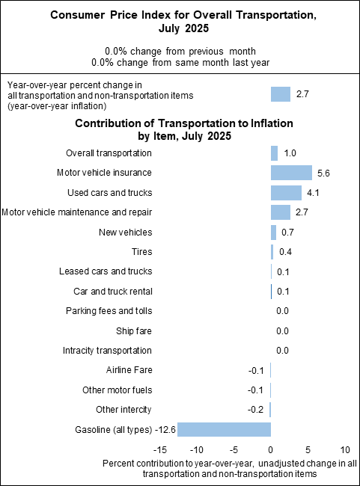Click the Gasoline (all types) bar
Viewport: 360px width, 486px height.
[224, 429]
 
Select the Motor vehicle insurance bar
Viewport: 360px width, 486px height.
[291, 173]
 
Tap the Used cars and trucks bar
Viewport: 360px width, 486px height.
[286, 192]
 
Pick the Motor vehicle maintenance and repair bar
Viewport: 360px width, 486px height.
[281, 212]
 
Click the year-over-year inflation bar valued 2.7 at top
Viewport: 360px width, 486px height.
[281, 94]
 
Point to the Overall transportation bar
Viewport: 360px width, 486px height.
[274, 153]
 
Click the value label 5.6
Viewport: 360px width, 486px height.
[324, 173]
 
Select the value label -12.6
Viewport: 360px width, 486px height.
[165, 429]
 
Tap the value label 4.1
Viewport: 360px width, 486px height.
[314, 192]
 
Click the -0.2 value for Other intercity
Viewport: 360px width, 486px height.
[254, 410]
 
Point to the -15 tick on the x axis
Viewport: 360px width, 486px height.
[159, 451]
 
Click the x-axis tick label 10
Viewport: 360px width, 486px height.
[344, 451]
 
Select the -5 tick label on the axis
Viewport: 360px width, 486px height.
[233, 451]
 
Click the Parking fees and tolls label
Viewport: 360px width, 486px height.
[109, 310]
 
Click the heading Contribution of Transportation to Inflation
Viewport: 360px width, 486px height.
[183, 123]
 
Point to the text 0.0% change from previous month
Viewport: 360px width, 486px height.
[180, 51]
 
